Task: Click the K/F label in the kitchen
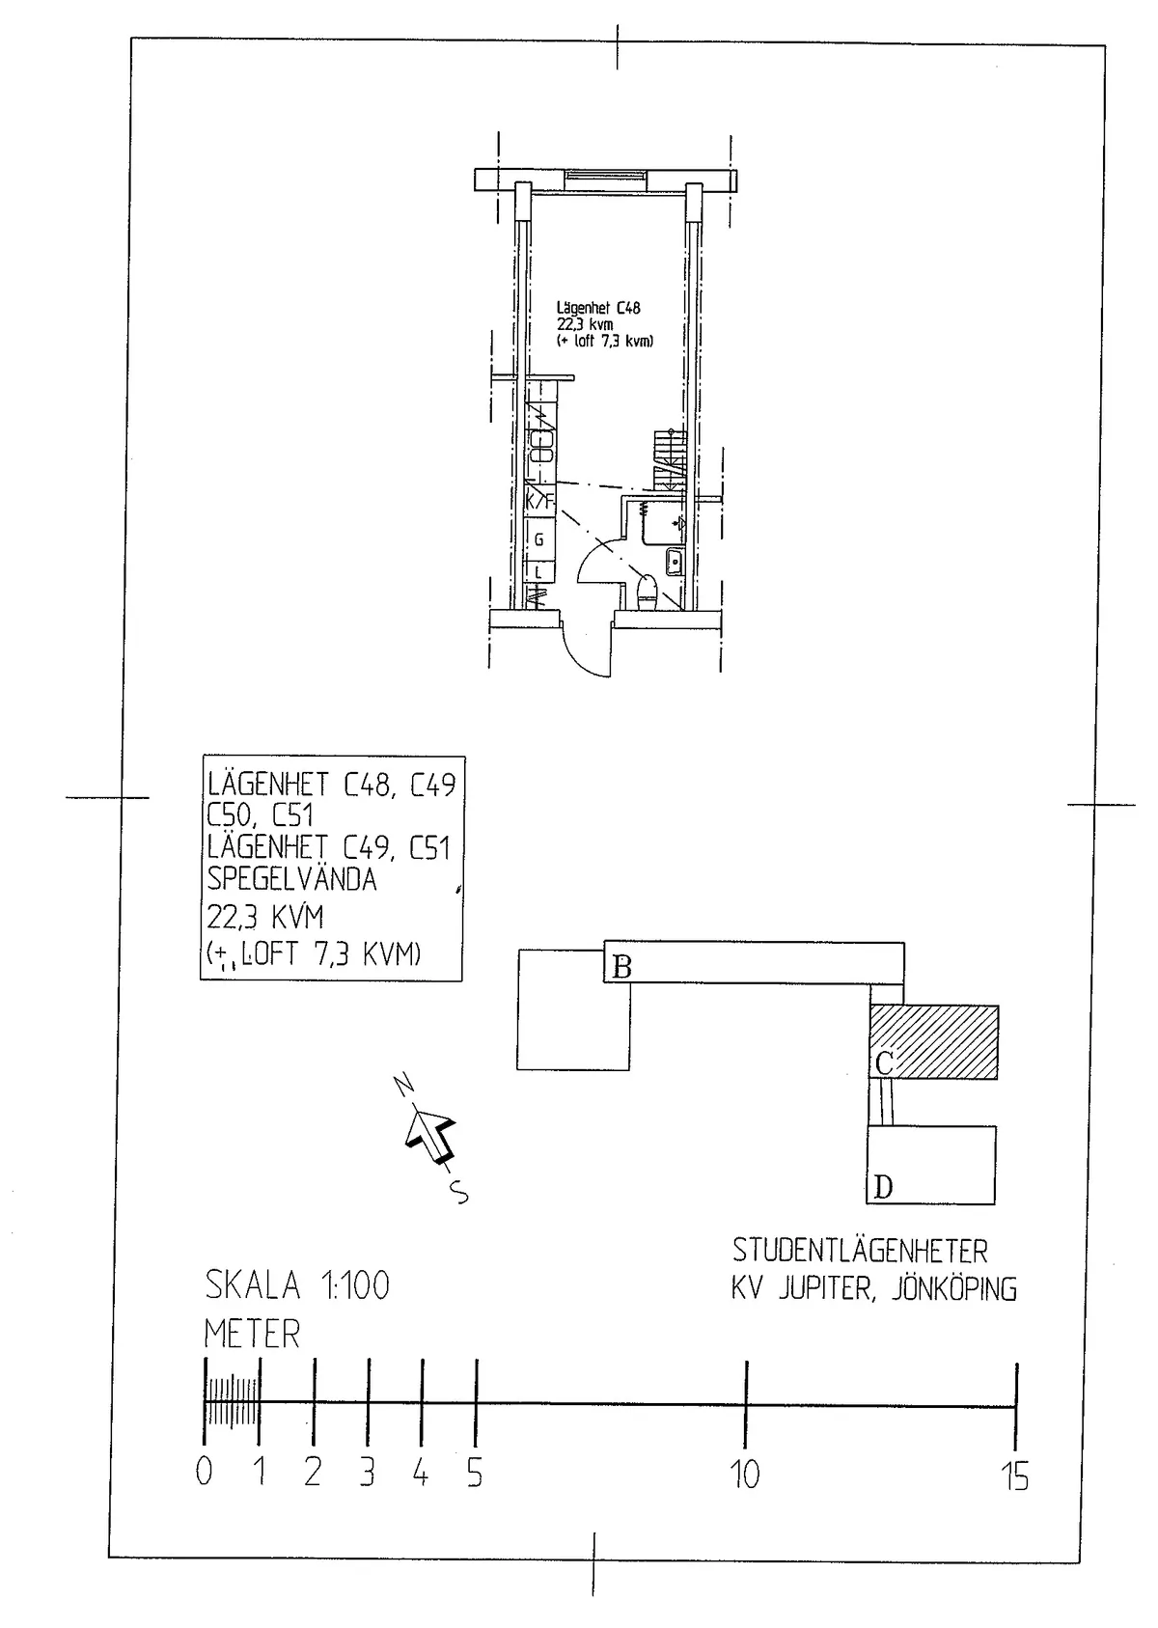[x=540, y=502]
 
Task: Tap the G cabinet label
[x=539, y=540]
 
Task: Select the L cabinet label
[x=539, y=572]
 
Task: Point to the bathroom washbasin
[x=675, y=561]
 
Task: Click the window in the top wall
[x=605, y=176]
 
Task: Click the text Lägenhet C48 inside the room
[x=598, y=309]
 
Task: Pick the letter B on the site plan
[x=622, y=966]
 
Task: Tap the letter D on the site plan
[x=883, y=1187]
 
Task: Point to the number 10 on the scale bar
[x=745, y=1475]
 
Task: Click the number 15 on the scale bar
[x=1015, y=1476]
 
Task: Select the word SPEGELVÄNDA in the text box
[x=292, y=879]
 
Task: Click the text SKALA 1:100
[x=297, y=1285]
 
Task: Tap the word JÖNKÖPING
[x=953, y=1289]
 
